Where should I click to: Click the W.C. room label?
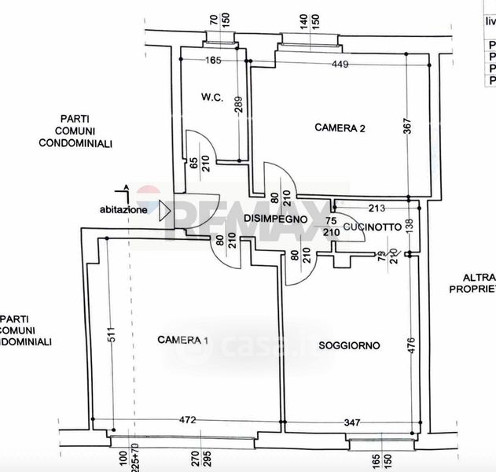click(212, 98)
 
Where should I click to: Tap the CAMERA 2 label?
click(340, 127)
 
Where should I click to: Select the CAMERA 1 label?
click(183, 340)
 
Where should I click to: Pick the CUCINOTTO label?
click(373, 227)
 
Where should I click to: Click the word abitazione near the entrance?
click(123, 210)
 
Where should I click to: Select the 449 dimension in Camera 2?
click(340, 64)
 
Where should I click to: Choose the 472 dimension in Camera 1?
click(187, 420)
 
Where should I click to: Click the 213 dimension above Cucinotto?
click(376, 208)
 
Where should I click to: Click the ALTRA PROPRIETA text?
click(472, 283)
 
